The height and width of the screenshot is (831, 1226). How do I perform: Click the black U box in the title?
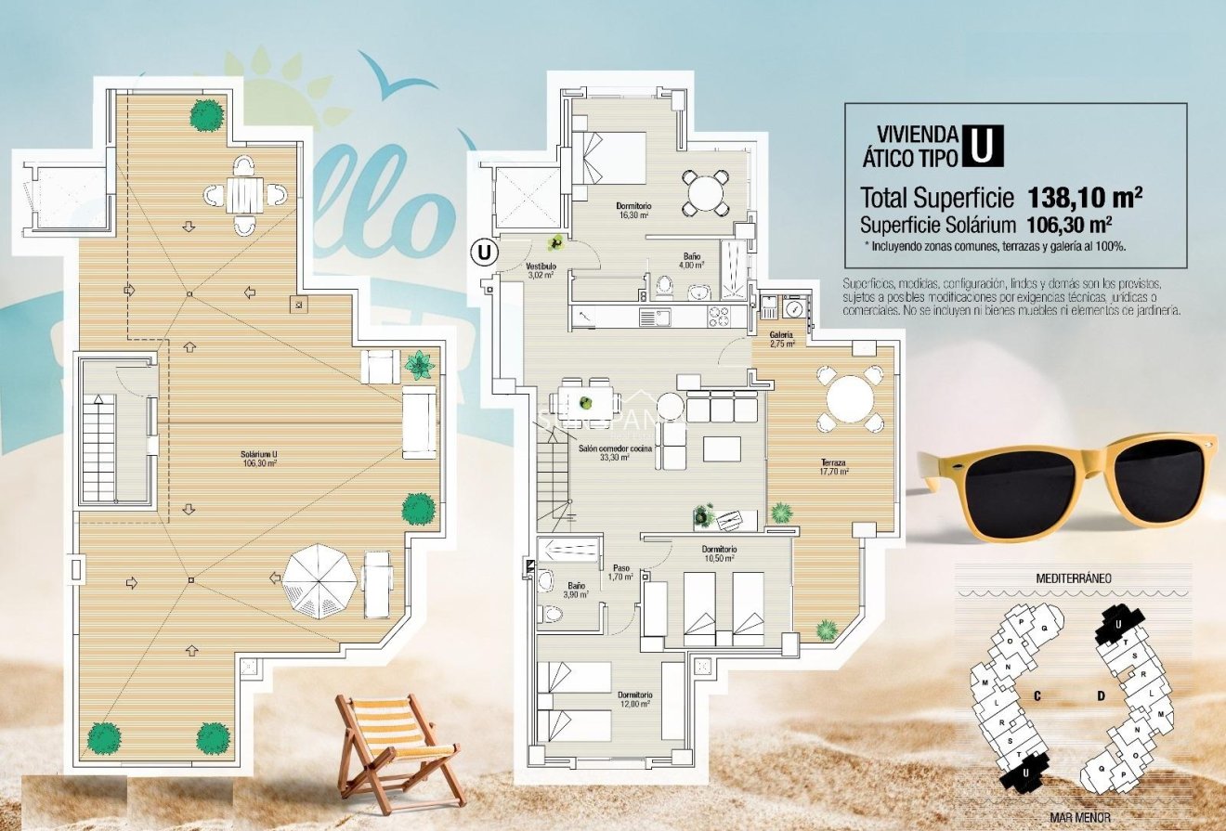coord(983,146)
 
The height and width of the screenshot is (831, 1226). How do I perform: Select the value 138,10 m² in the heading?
coord(1085,198)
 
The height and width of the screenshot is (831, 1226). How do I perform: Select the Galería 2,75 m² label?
coord(781,338)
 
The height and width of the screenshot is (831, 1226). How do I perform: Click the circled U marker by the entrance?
coord(483,251)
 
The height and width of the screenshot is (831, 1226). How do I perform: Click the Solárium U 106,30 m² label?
coord(260,459)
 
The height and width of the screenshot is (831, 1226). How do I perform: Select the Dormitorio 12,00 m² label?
coord(635,699)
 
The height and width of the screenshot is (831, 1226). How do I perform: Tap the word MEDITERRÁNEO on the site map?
coord(1074,578)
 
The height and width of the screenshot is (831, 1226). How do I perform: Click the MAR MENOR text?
coord(1080,818)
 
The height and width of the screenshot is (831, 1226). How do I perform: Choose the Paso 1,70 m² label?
coord(620,572)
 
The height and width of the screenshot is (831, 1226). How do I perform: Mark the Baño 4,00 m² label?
coord(691,260)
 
